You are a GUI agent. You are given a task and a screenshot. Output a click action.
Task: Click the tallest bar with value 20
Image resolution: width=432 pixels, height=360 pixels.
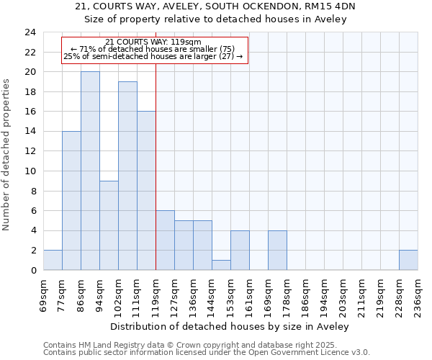tap(90, 171)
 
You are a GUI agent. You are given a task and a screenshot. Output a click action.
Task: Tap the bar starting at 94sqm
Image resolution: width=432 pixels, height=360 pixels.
tap(109, 225)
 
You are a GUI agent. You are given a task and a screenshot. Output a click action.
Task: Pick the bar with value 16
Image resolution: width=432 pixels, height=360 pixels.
tap(146, 191)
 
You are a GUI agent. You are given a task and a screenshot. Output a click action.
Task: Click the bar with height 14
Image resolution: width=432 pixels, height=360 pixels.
tap(71, 201)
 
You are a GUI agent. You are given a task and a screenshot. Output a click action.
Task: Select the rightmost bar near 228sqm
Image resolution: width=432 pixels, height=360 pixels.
tap(408, 260)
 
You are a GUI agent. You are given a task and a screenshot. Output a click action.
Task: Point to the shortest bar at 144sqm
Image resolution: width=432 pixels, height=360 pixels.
tap(221, 265)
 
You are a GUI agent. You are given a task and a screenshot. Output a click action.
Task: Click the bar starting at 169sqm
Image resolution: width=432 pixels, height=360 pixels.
tap(277, 250)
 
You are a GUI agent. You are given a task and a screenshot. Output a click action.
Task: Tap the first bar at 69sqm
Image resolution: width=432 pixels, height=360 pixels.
tap(53, 260)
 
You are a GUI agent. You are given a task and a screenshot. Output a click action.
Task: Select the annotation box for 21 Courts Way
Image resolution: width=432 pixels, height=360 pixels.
tap(154, 50)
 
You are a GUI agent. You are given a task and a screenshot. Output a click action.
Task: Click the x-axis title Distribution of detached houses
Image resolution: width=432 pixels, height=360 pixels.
tap(230, 326)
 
